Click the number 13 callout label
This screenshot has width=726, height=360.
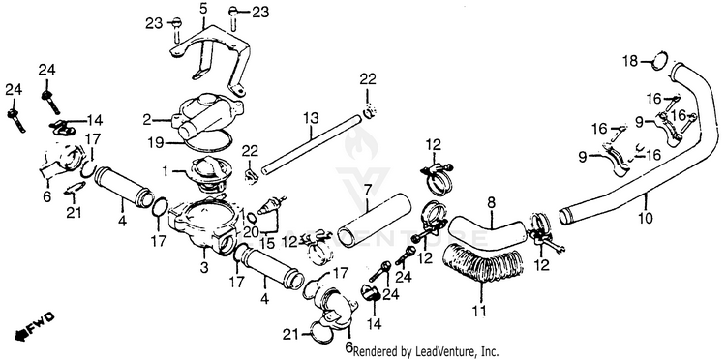coord(311,119)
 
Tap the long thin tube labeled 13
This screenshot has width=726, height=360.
coord(311,144)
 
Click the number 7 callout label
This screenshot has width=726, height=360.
coord(368,190)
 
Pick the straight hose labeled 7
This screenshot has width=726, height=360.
coord(375,221)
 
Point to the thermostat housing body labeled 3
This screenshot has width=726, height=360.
coord(203,225)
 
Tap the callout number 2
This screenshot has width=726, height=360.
coord(147,120)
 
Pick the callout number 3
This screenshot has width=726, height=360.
coord(204,267)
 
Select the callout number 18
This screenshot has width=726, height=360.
coord(630,61)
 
